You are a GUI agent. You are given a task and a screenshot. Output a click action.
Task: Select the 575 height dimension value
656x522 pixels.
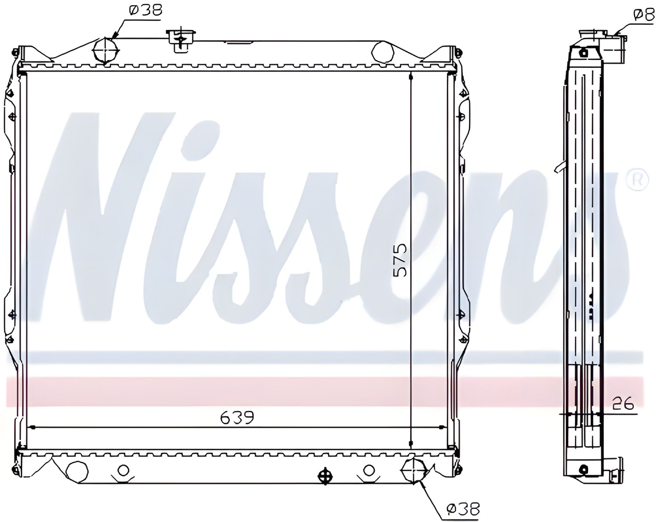point(400,260)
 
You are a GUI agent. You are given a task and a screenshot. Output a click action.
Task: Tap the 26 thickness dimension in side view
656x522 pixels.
point(623,404)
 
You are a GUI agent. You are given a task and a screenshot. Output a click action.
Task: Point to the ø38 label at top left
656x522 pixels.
point(145,10)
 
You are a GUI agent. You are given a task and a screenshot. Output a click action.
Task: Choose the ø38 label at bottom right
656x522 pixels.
point(463,509)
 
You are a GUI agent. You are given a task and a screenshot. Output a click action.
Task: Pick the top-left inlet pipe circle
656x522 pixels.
point(106,50)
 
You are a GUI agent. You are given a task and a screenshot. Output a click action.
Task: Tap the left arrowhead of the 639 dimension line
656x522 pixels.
point(33,427)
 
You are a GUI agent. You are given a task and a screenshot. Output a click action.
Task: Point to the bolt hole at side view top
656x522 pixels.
point(584,53)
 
